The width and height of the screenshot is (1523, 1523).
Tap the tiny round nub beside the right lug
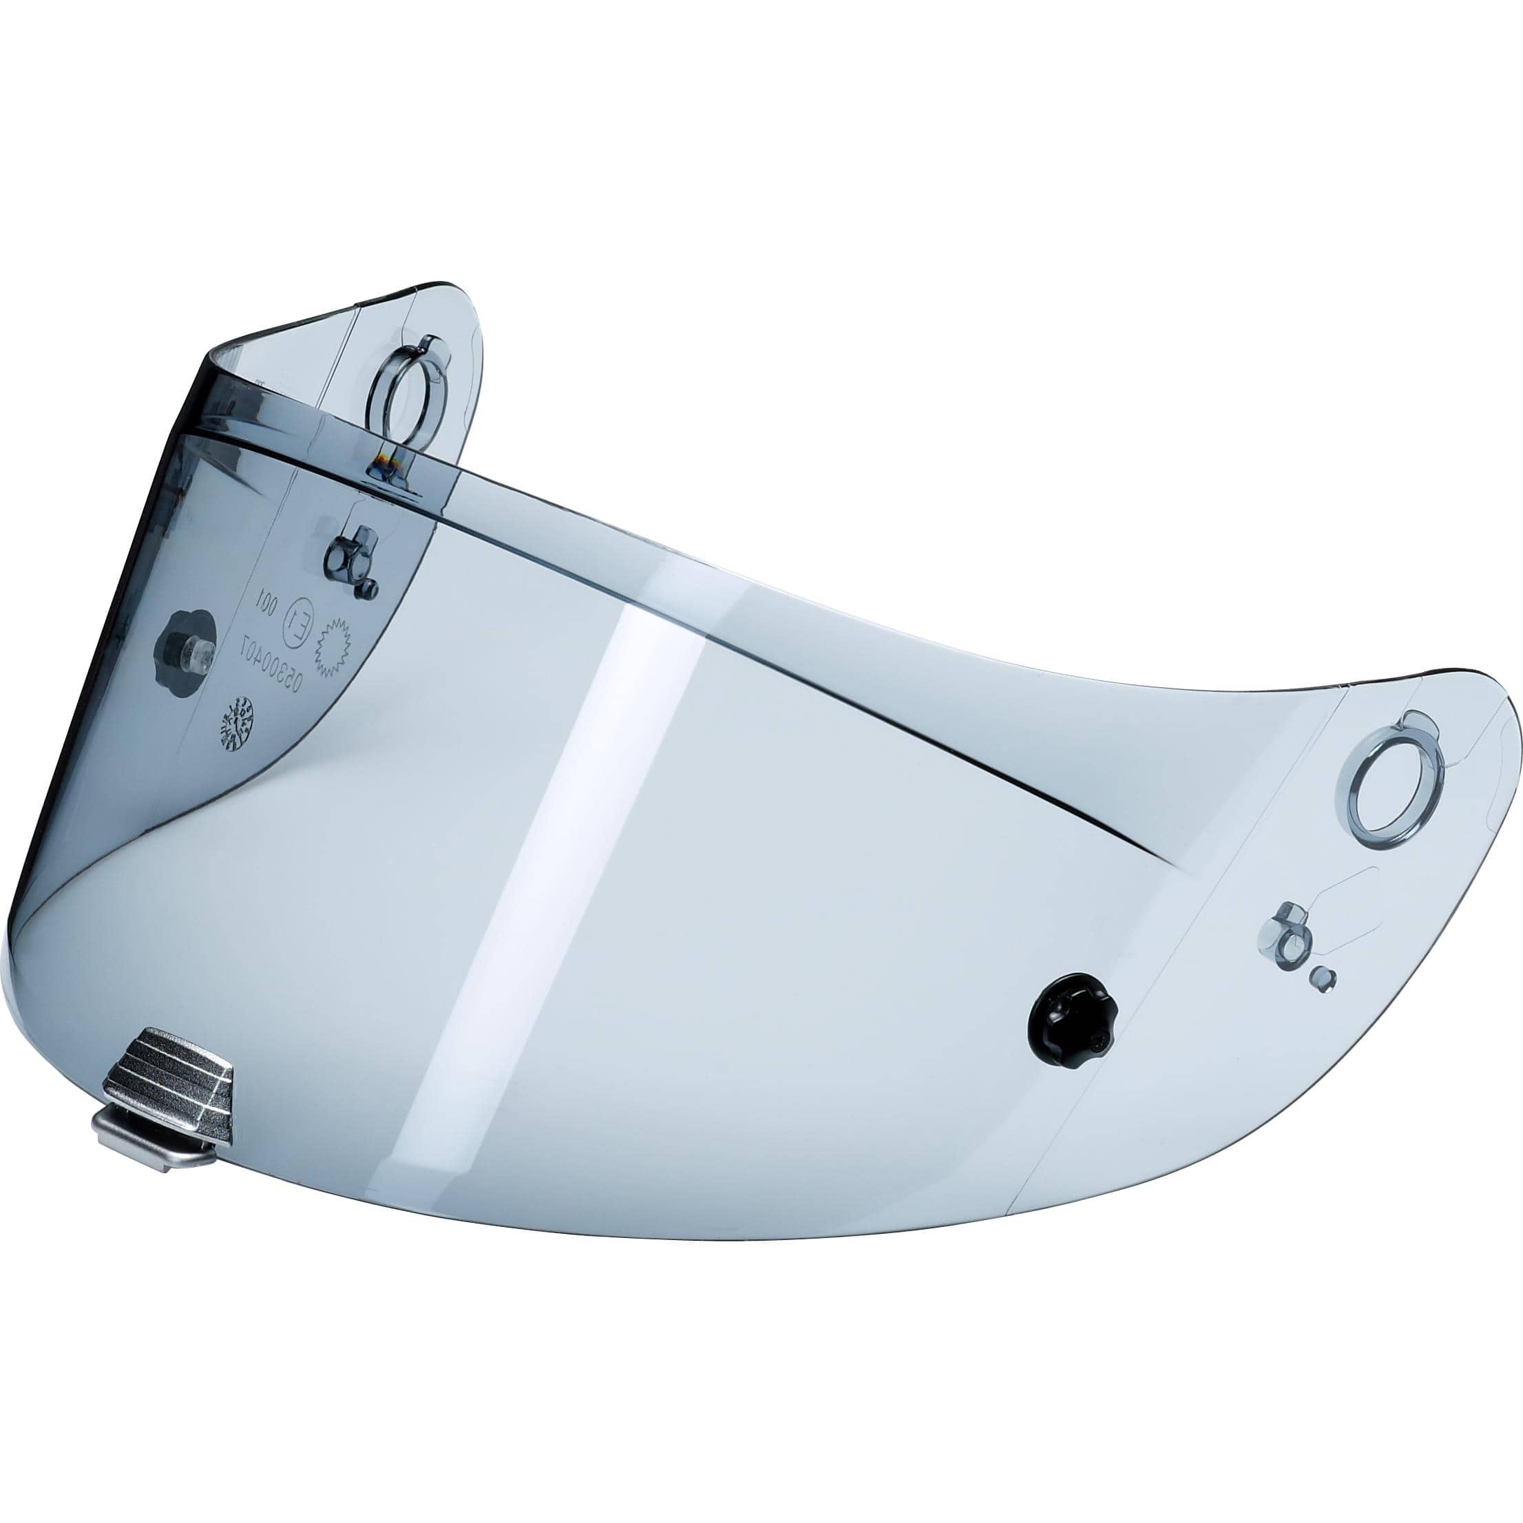[x=1323, y=978]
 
